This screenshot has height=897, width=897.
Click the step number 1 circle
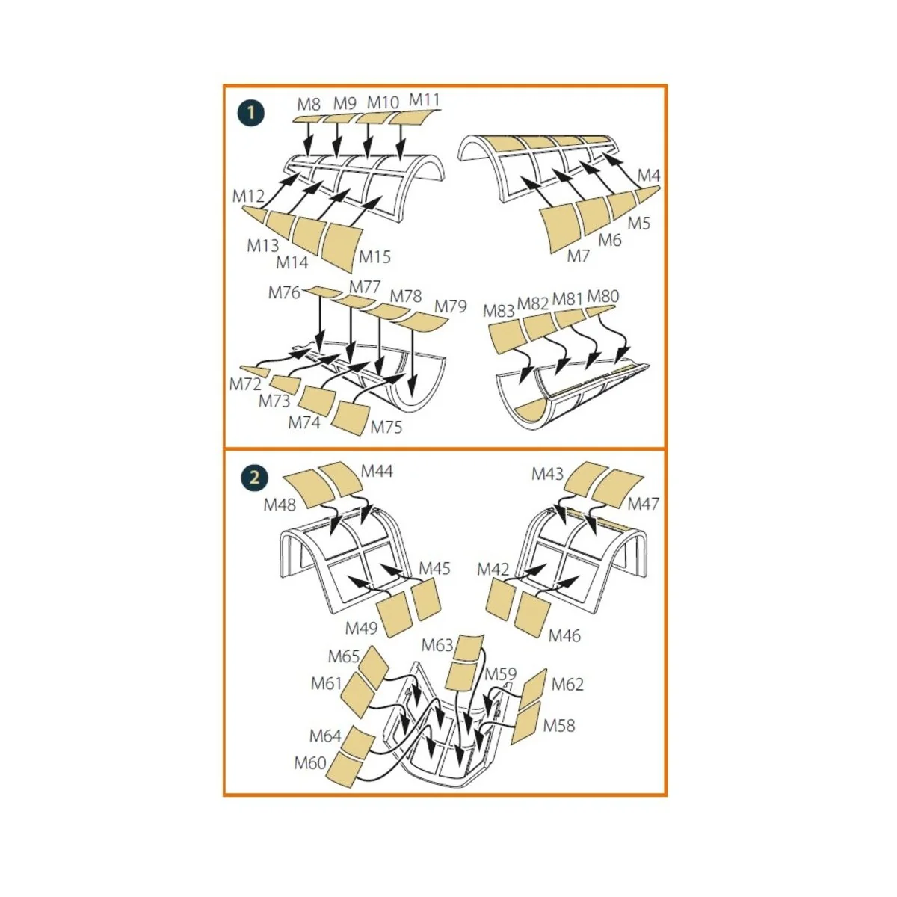click(x=251, y=113)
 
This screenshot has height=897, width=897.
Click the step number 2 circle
click(x=254, y=478)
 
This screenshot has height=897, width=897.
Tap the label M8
click(x=309, y=104)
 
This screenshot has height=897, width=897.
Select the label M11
click(x=424, y=99)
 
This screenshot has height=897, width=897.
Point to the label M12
click(x=248, y=196)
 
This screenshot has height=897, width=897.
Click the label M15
click(x=374, y=256)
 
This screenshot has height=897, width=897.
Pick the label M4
click(x=648, y=176)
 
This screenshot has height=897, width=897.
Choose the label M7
click(x=578, y=256)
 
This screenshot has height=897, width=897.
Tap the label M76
click(x=284, y=292)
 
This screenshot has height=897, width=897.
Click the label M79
click(x=450, y=306)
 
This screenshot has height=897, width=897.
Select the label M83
click(x=499, y=311)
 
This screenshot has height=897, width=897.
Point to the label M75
click(x=386, y=427)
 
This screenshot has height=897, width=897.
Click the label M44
click(x=377, y=471)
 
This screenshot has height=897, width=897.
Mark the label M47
click(x=644, y=504)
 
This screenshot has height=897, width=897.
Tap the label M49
click(x=361, y=628)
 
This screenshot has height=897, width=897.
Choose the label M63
click(x=437, y=645)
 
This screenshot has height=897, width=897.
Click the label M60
click(x=310, y=763)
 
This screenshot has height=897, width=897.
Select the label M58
click(x=559, y=725)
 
